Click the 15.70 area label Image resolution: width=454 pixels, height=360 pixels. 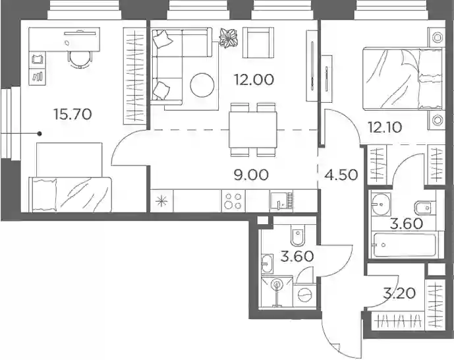[72, 114]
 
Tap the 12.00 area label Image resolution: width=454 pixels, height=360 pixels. [254, 80]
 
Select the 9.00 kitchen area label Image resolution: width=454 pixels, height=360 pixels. [251, 175]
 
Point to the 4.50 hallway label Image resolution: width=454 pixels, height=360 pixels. [341, 175]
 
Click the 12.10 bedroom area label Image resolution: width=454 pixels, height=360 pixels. [385, 127]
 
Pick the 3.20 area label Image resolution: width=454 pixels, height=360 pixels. [399, 293]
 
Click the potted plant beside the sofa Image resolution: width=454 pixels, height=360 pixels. [228, 38]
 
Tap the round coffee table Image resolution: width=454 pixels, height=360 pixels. [202, 85]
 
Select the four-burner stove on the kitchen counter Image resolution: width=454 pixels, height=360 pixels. [233, 201]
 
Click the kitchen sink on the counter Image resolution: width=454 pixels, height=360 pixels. [281, 200]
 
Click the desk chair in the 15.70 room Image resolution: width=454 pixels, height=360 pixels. [80, 59]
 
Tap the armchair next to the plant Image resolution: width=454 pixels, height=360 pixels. [258, 43]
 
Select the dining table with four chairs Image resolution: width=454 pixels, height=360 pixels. [253, 130]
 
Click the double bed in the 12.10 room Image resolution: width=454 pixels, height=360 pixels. [403, 79]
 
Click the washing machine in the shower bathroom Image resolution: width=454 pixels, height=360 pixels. [304, 295]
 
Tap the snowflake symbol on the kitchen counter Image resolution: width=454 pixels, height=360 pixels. [161, 201]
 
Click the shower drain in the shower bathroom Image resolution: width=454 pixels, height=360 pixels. [277, 284]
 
